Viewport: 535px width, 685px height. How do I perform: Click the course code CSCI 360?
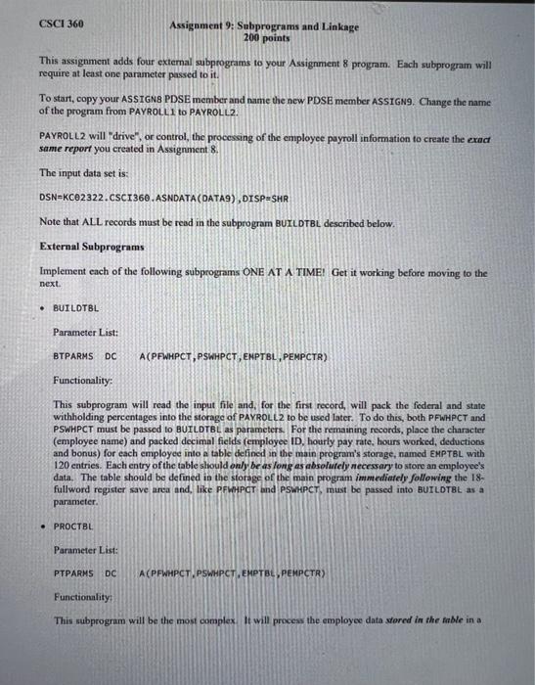tap(62, 23)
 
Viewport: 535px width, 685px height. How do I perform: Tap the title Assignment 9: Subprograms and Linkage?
tap(264, 25)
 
